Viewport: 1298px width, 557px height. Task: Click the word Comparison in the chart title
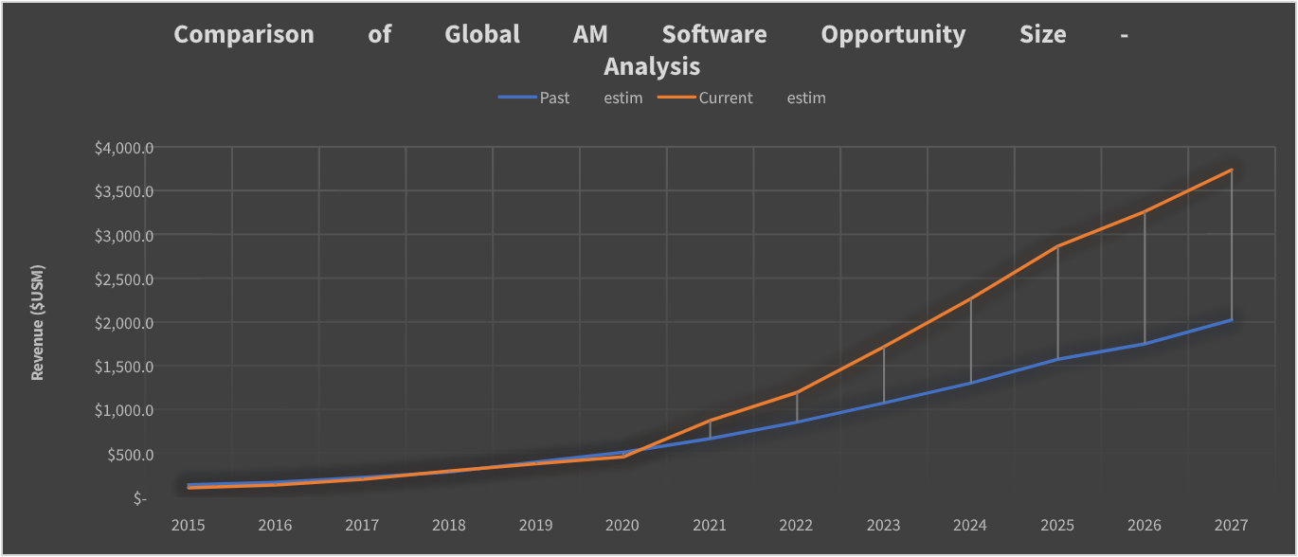click(x=243, y=35)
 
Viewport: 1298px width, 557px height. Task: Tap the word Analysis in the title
click(x=652, y=66)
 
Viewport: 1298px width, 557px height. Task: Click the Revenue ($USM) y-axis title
click(x=38, y=322)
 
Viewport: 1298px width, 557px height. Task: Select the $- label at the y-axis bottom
click(x=140, y=498)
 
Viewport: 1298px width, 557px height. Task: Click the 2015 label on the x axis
click(x=189, y=525)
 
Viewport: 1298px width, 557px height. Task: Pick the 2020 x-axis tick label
click(x=622, y=525)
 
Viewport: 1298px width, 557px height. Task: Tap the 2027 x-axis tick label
click(x=1231, y=525)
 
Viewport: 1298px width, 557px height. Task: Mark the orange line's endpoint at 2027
click(x=1231, y=171)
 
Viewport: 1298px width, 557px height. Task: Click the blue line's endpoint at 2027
click(x=1231, y=320)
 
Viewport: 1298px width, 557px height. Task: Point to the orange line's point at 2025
click(x=1057, y=246)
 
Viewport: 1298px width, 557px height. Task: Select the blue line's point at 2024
click(x=970, y=383)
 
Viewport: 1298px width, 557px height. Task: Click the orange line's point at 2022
click(x=797, y=392)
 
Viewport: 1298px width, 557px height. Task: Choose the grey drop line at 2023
click(x=884, y=375)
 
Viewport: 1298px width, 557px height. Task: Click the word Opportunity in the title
click(x=892, y=35)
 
